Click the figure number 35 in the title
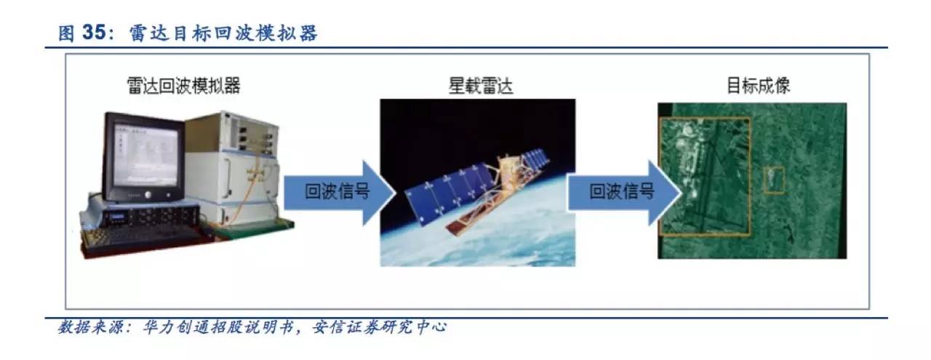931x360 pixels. coord(95,33)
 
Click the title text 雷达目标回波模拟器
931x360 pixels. coord(223,33)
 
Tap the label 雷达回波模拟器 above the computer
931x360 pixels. coord(184,86)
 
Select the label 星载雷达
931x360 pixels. coord(481,86)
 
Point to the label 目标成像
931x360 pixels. coord(758,86)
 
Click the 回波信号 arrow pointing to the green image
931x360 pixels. coord(624,193)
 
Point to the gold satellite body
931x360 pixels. coord(509,169)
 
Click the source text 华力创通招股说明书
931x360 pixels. coord(218,327)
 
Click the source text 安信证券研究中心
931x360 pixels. coord(379,327)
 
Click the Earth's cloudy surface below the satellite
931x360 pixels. coord(478,245)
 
